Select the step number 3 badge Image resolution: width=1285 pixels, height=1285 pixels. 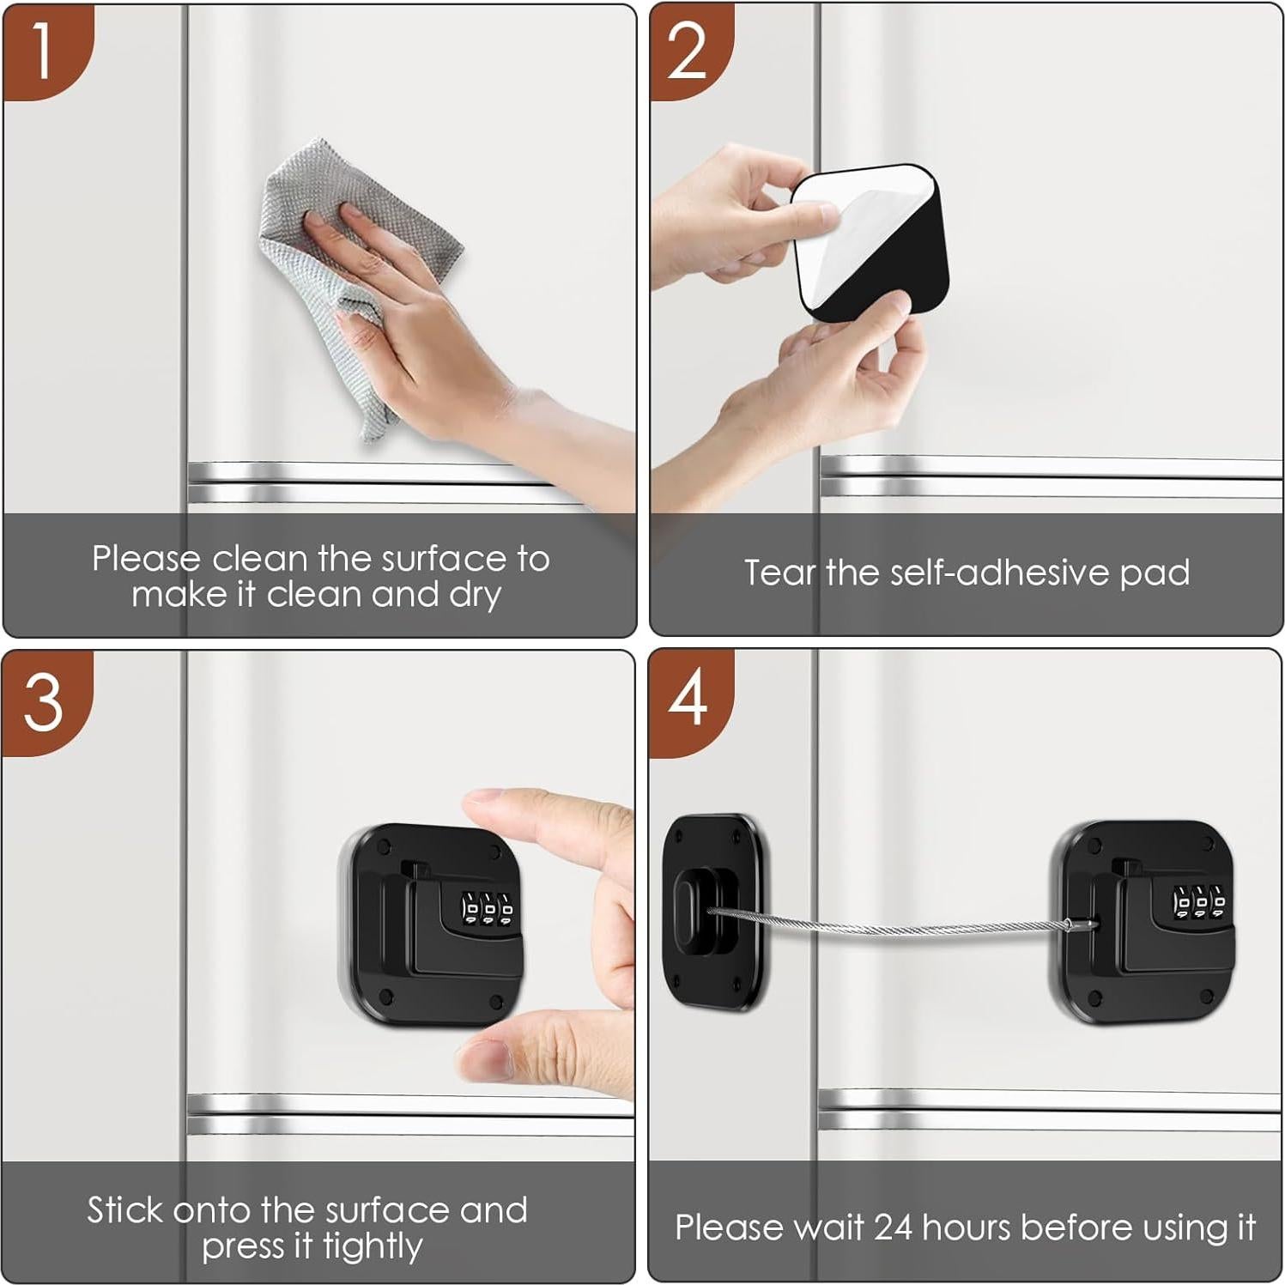click(43, 703)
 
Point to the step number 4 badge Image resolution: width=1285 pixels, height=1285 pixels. click(688, 700)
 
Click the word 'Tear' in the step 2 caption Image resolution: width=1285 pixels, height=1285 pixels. click(779, 573)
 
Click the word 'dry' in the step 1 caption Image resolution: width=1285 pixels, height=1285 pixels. click(475, 595)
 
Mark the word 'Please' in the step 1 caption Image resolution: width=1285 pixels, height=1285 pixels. click(146, 559)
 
